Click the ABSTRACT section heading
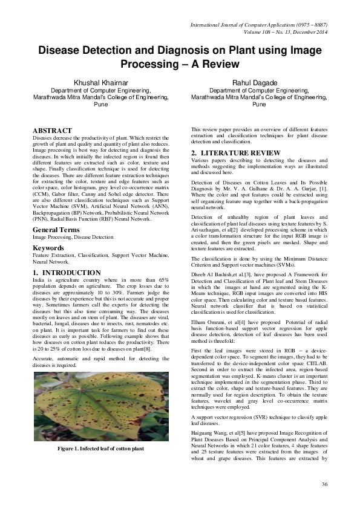click(52, 131)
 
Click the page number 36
click(324, 485)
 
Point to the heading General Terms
click(59, 230)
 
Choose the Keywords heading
click(48, 248)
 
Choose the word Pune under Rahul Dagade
click(259, 104)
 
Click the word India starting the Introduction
click(38, 282)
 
